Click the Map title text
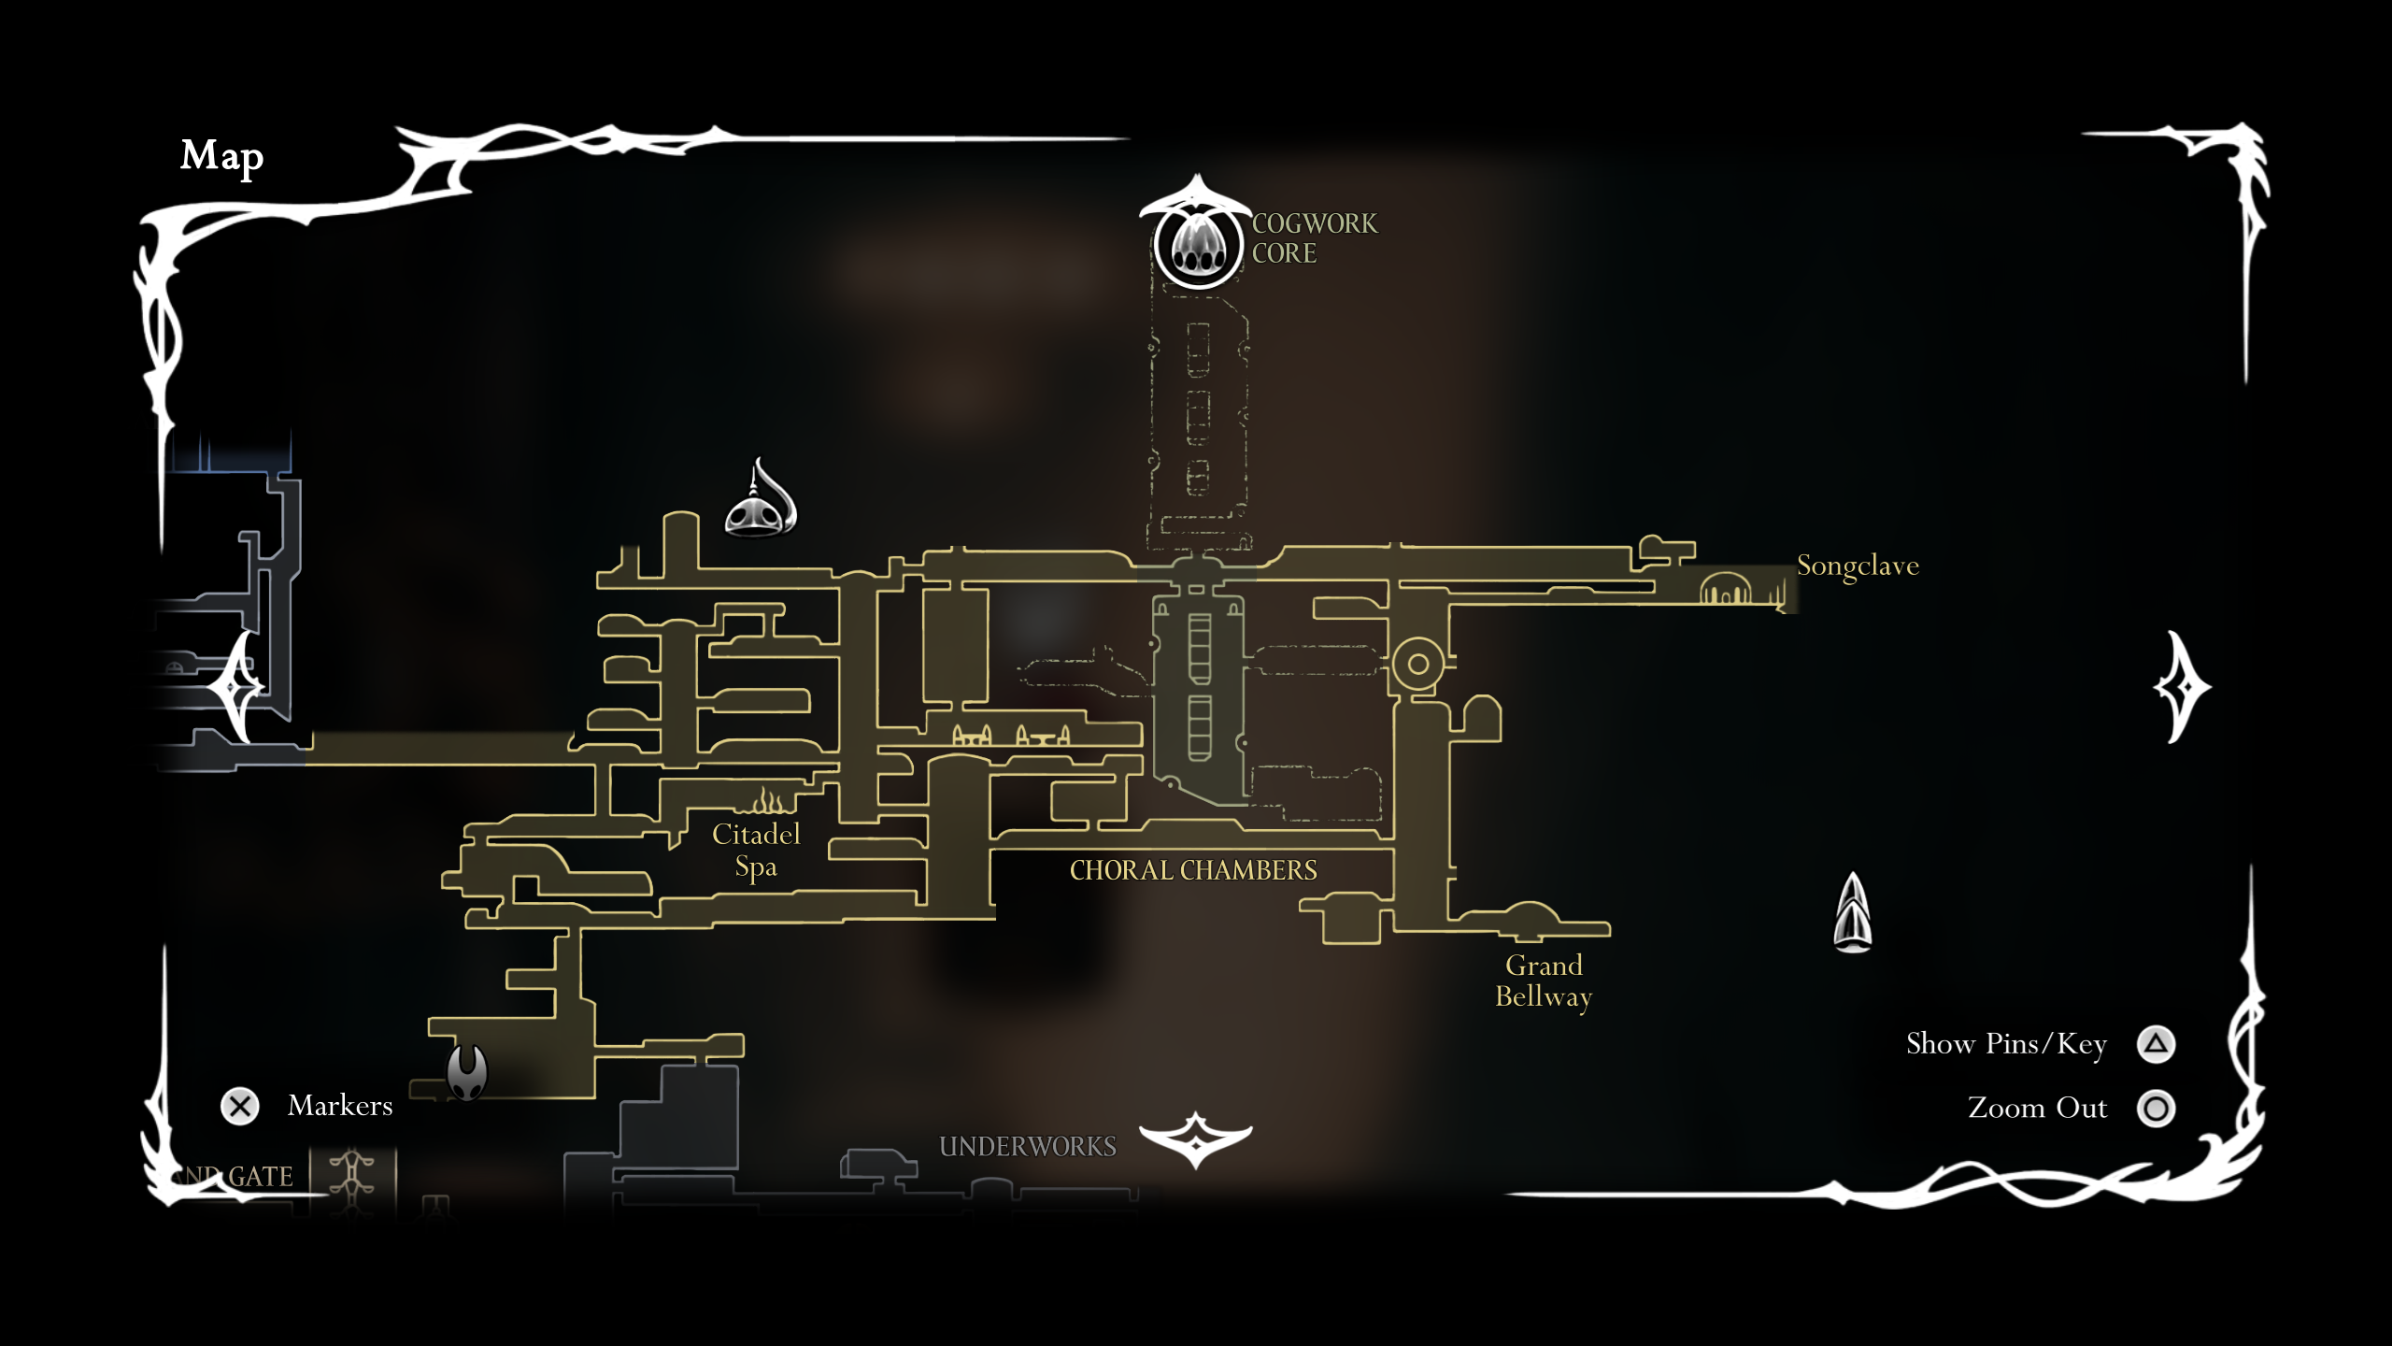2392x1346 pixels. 221,156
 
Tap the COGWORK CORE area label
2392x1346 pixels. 1314,238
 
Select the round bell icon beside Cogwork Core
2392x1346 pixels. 1198,244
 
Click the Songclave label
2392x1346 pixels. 1858,566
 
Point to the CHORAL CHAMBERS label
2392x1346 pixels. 1193,870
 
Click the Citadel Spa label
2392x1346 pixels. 756,850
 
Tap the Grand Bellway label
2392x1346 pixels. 1544,981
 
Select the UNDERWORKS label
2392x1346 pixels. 1027,1146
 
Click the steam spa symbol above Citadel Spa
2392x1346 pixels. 769,801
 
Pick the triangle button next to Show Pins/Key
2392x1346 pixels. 2156,1044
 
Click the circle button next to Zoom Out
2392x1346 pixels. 2156,1109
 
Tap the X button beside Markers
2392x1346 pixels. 240,1107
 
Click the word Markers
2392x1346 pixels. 340,1106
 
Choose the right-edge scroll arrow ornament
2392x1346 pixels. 2183,687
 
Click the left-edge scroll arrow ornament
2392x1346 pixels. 235,687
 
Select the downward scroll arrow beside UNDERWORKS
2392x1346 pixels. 1195,1138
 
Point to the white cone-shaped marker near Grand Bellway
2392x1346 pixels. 1853,913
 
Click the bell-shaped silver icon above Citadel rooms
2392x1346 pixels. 762,503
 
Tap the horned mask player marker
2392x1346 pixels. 467,1071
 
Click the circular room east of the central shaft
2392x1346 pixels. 1417,664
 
